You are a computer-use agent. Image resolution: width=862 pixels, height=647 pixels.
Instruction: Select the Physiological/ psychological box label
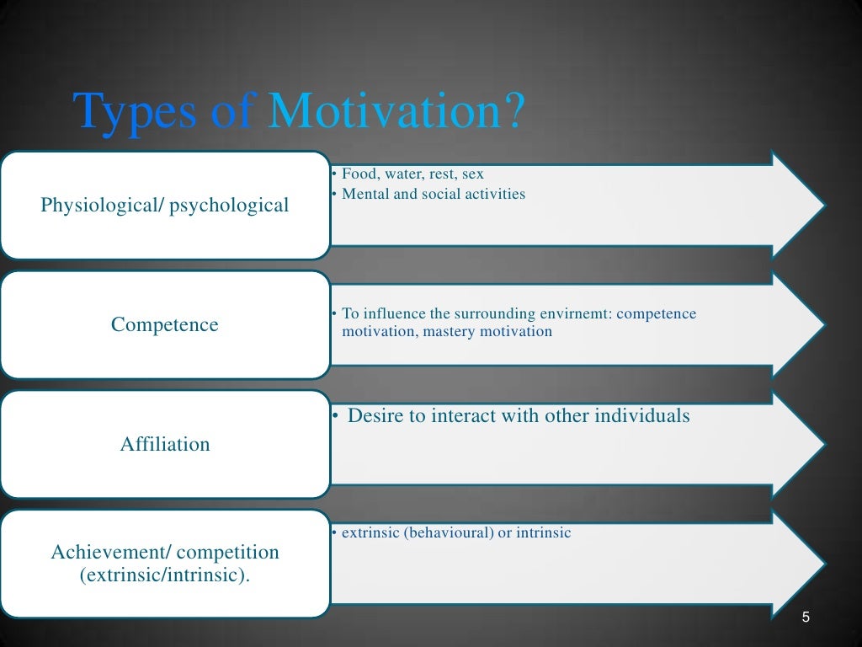tap(165, 205)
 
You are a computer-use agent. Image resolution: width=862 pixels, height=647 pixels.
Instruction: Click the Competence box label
tap(165, 324)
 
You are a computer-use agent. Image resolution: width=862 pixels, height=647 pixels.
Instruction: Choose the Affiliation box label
tap(165, 444)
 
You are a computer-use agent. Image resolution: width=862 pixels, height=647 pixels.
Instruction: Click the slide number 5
tap(806, 618)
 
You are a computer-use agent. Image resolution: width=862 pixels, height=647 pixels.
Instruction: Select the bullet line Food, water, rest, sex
tap(412, 174)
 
